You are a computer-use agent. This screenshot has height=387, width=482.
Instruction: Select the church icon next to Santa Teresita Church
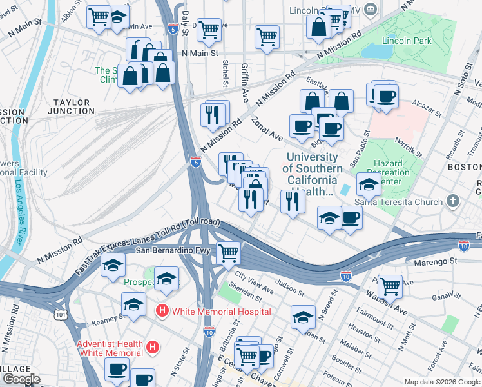coord(453,201)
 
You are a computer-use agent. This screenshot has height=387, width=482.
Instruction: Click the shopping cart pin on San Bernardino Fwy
coord(228,253)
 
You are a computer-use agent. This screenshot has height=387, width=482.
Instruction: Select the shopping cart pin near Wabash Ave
coord(390,286)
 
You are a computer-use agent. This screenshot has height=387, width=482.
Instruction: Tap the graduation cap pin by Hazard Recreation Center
coord(368,185)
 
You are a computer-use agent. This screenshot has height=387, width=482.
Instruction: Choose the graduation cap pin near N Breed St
coord(303,317)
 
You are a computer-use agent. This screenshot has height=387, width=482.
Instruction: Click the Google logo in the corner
coord(22,379)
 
